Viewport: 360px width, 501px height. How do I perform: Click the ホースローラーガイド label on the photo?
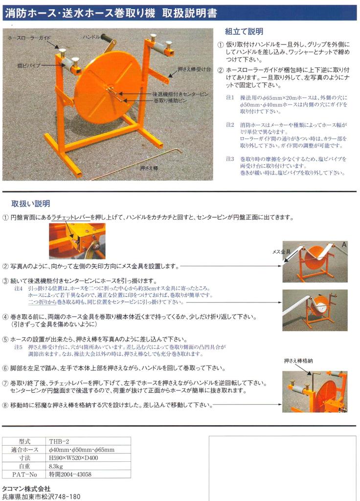click(x=29, y=37)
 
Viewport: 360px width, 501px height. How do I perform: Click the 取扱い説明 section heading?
click(x=30, y=204)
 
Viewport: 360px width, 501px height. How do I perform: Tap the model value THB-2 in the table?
click(x=59, y=441)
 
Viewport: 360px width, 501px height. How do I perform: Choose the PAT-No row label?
click(x=24, y=475)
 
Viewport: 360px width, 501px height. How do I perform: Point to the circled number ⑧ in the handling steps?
click(x=5, y=405)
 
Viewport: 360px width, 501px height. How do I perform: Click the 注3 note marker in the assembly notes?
click(x=230, y=159)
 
